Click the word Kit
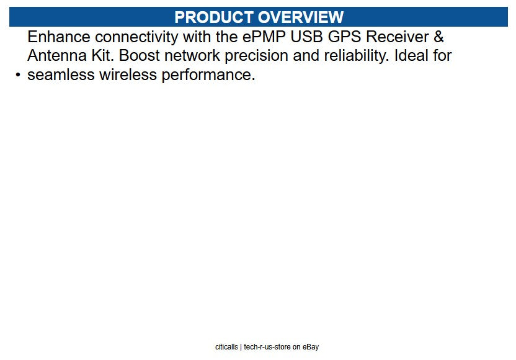coord(103,56)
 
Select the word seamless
coord(61,76)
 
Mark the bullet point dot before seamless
coord(18,76)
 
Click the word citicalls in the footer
coord(226,347)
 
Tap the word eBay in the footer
coord(310,347)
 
